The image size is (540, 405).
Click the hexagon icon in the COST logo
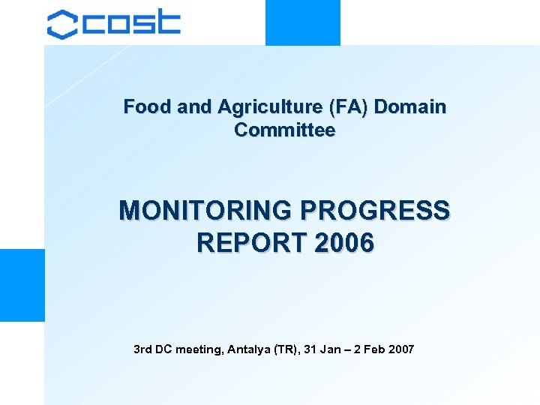(x=62, y=24)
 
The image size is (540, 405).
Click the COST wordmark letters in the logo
(x=132, y=23)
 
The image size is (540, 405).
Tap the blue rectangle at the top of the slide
(x=302, y=22)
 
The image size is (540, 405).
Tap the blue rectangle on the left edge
(x=22, y=285)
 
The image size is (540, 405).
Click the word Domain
(x=409, y=107)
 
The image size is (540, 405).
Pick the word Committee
(x=284, y=130)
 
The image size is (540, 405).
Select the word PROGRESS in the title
(x=378, y=210)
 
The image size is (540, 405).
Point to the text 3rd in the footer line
(x=142, y=349)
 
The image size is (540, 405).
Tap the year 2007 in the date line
(x=401, y=349)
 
